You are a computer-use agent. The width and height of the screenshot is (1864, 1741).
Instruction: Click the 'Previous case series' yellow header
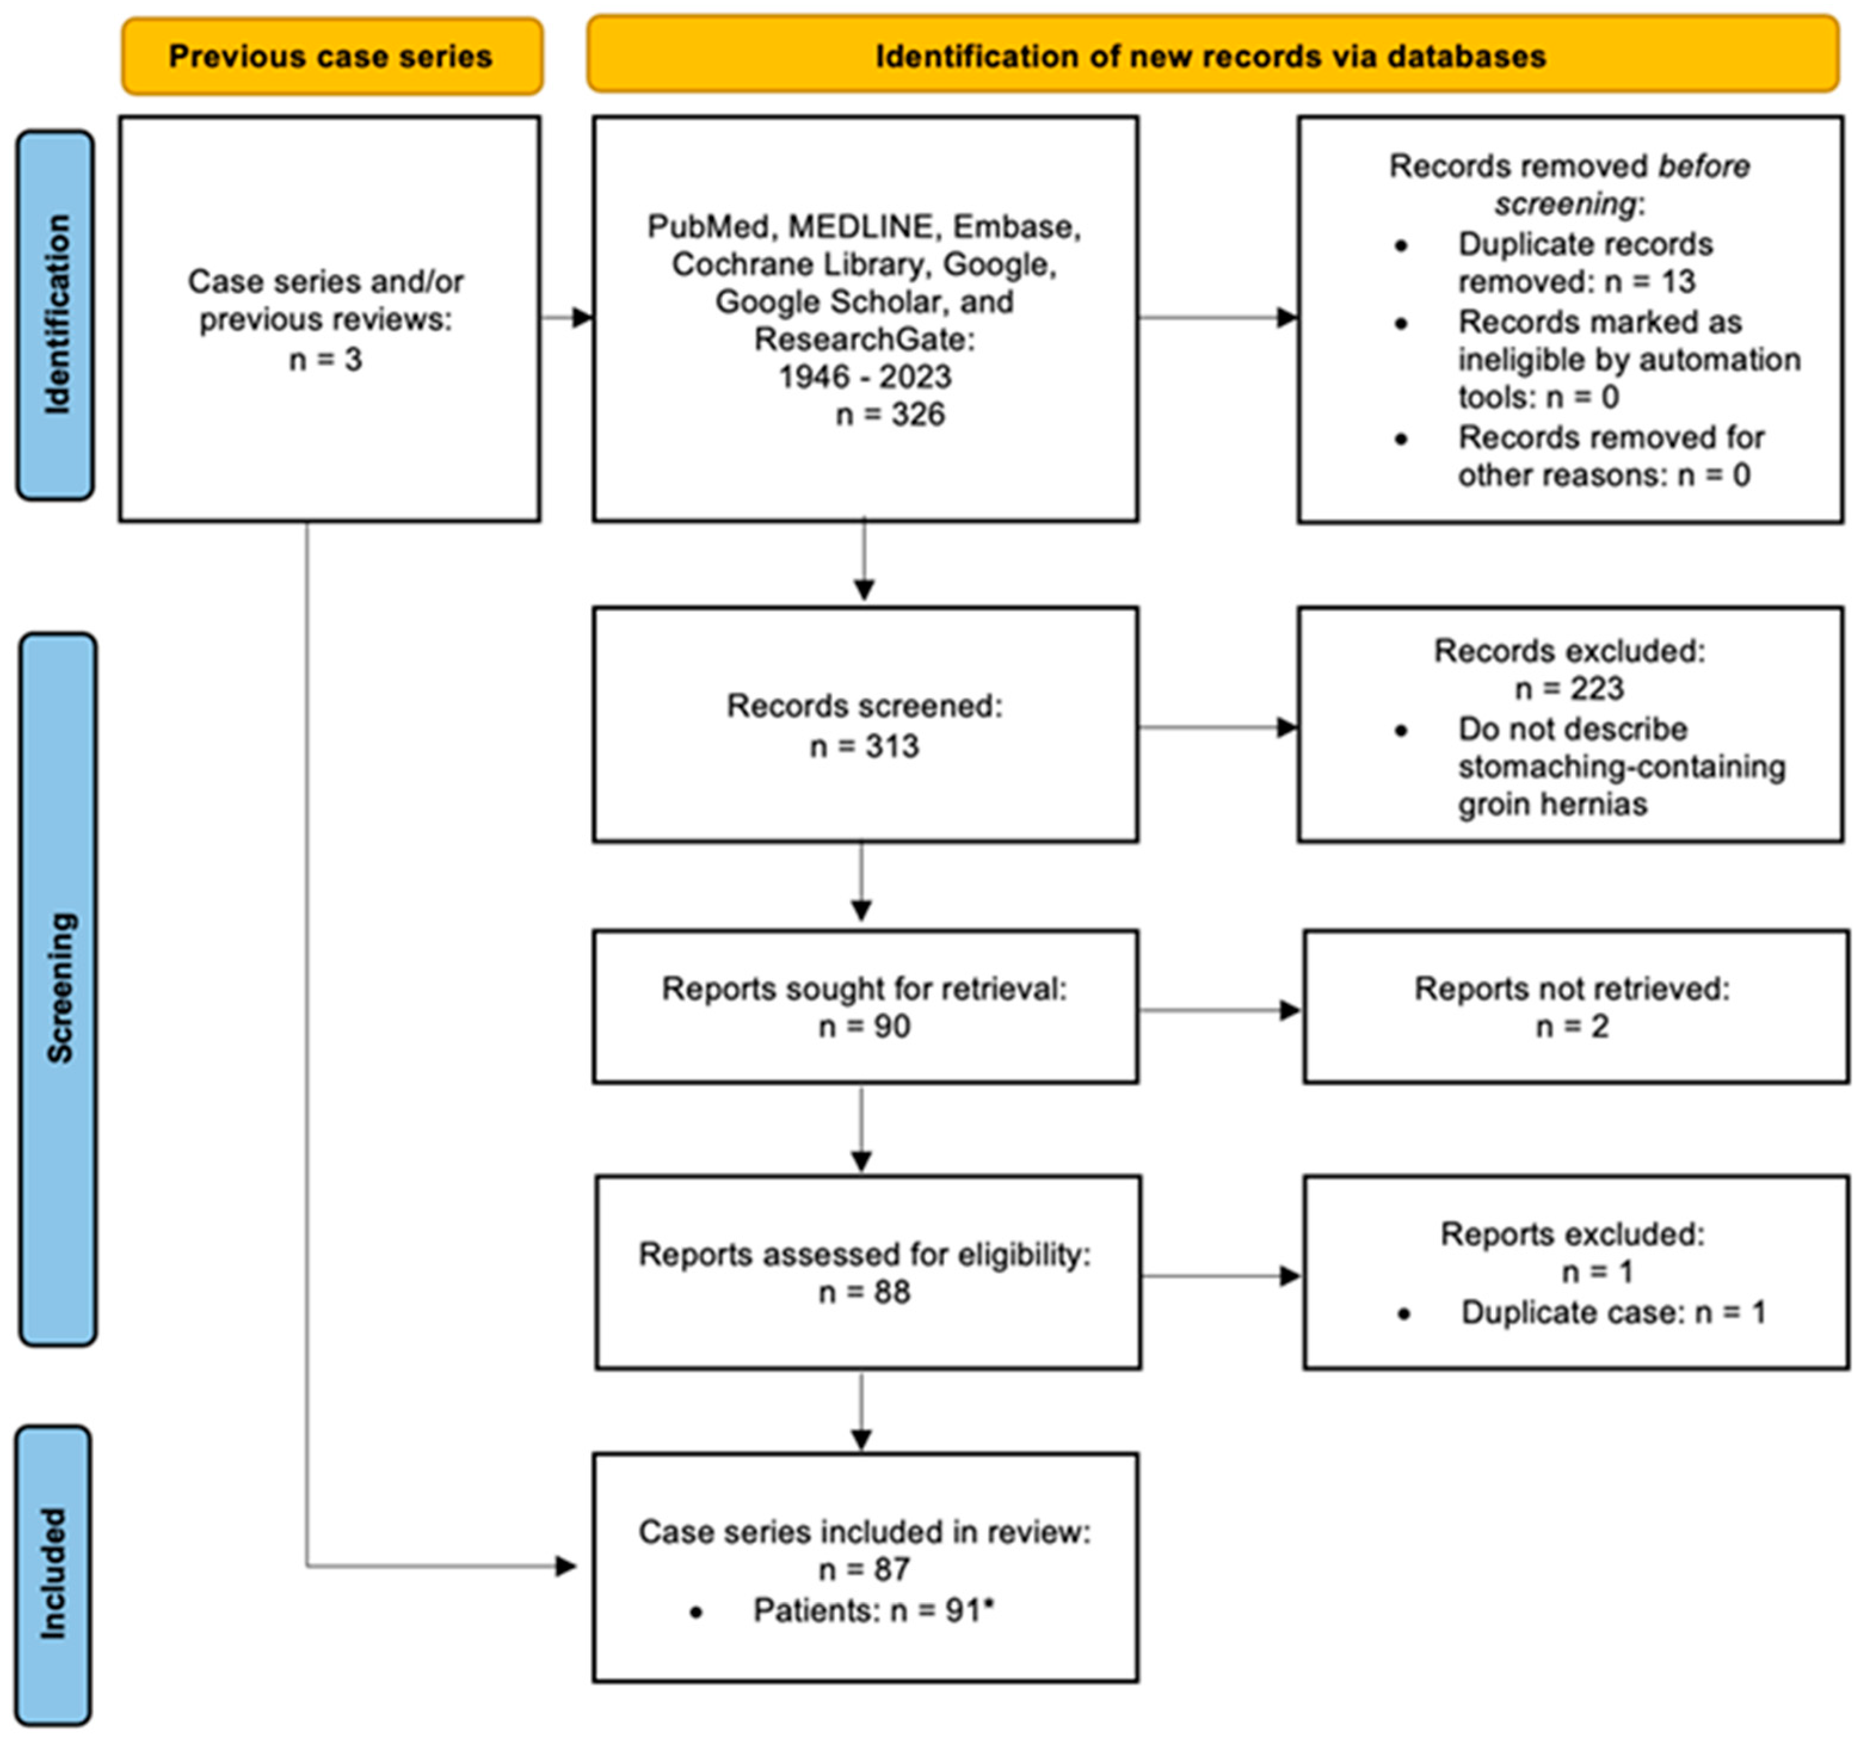(x=331, y=56)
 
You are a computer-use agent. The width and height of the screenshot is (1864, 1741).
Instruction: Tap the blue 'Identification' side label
(x=56, y=315)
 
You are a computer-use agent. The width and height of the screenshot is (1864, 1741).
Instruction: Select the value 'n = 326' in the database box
(x=890, y=414)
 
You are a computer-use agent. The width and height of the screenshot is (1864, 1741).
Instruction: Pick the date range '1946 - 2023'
(x=864, y=377)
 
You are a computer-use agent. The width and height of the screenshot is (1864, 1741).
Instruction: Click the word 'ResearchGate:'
(x=864, y=340)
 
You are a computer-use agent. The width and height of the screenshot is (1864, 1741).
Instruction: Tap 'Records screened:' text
(x=864, y=706)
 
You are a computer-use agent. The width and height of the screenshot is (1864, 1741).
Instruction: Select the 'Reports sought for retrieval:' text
(x=864, y=989)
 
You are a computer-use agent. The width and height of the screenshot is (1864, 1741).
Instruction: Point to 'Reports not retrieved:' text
(x=1572, y=989)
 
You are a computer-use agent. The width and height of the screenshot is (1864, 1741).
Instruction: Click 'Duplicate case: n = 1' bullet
(x=1613, y=1312)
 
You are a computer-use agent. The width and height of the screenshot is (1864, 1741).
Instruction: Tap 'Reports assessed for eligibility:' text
(x=864, y=1255)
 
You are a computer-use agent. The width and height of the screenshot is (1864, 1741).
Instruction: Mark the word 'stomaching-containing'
(x=1621, y=767)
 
